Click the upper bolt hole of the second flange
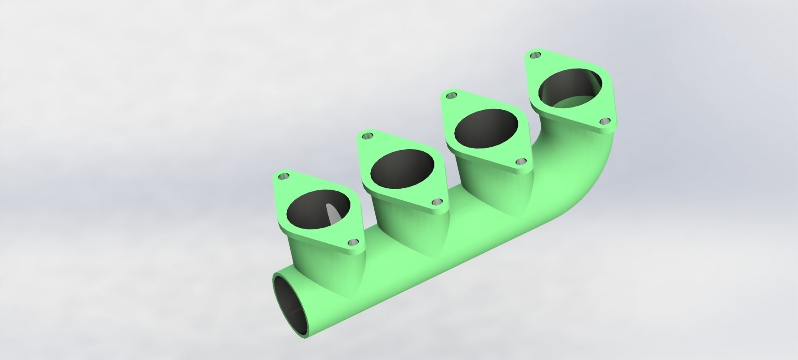pyautogui.click(x=367, y=136)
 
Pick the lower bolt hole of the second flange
pyautogui.click(x=436, y=202)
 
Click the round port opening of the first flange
pyautogui.click(x=318, y=210)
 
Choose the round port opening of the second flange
pyautogui.click(x=402, y=170)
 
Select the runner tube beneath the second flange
pyautogui.click(x=399, y=216)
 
